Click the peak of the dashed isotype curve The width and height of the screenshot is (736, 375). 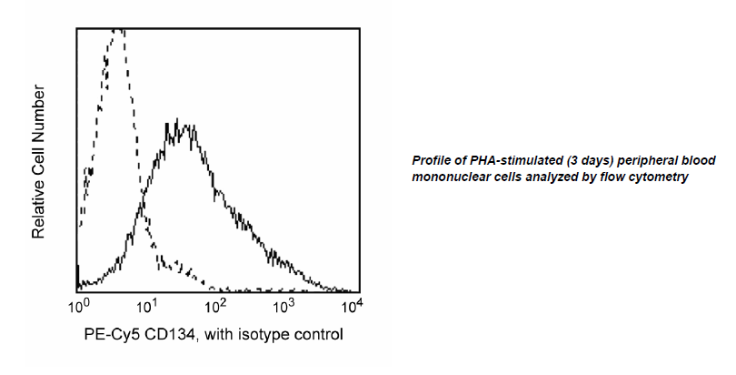[x=116, y=31]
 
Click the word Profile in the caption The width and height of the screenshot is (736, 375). [x=432, y=160]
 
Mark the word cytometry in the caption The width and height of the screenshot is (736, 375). [x=661, y=177]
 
